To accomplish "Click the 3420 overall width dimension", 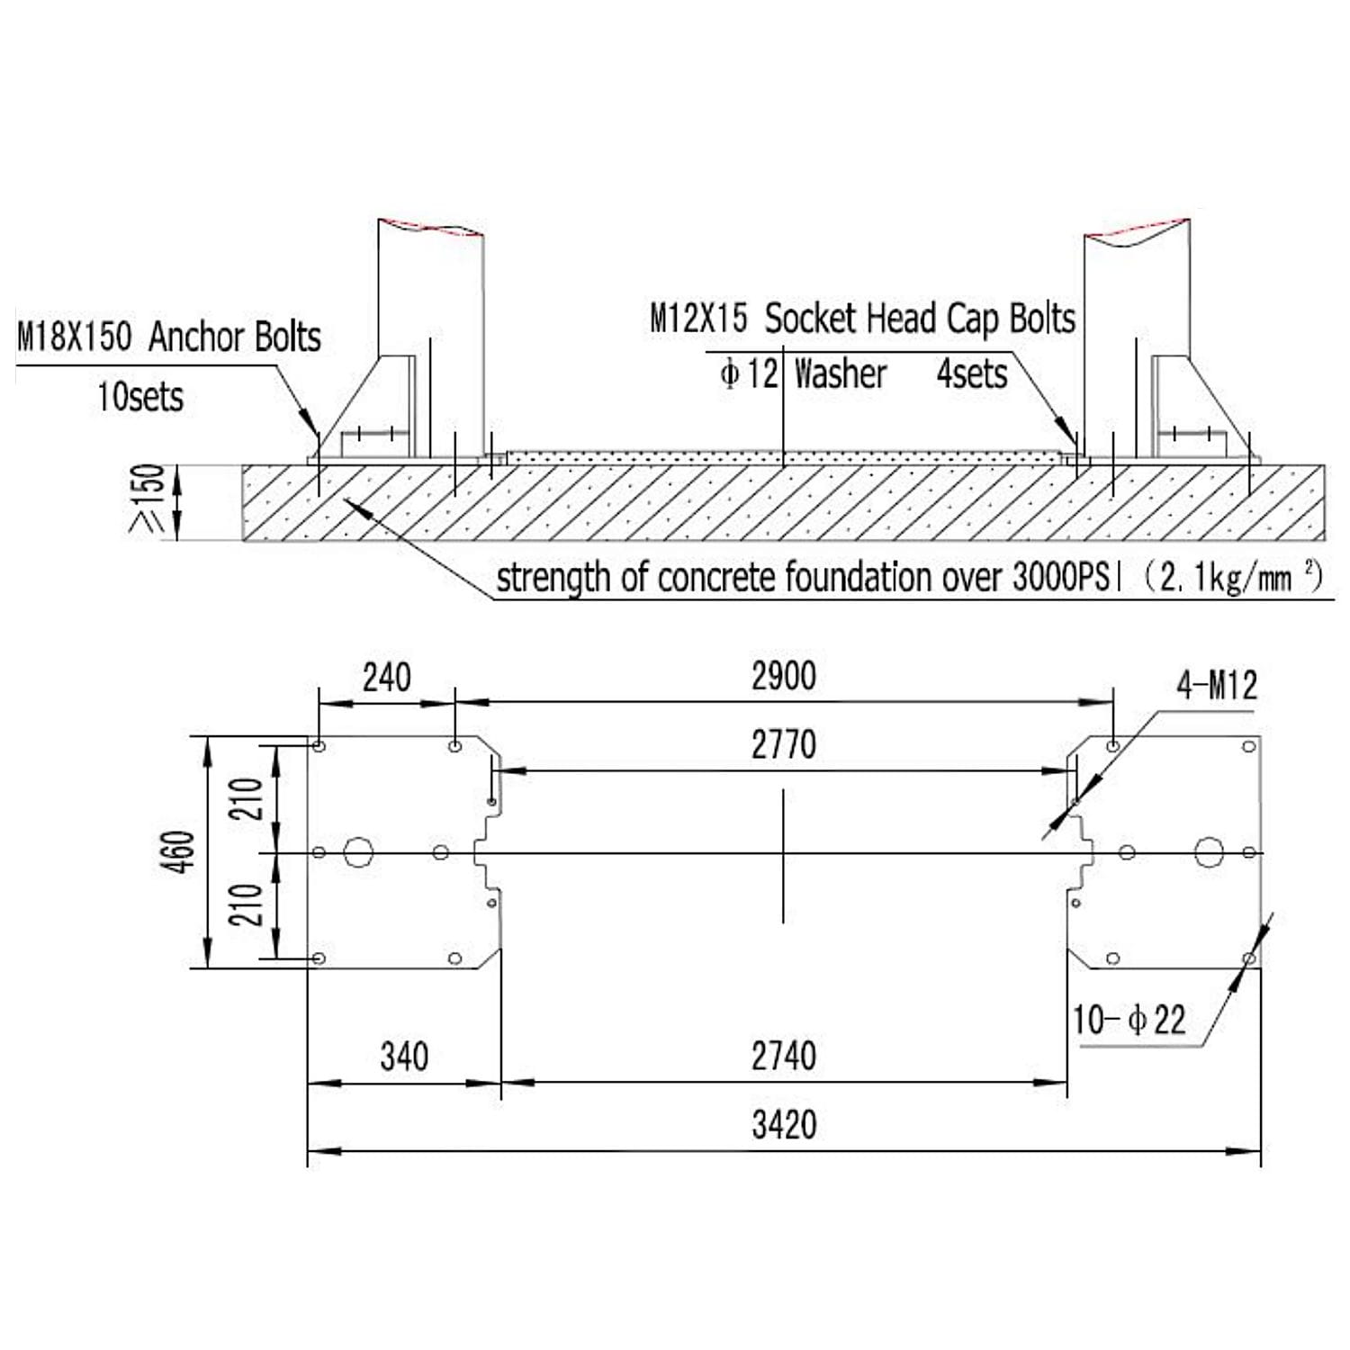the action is [x=784, y=1125].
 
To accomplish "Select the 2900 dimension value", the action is [x=784, y=676].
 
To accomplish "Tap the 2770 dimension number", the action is [x=784, y=744].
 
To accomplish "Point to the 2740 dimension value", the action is [x=784, y=1056].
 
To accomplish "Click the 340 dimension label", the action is [x=404, y=1057].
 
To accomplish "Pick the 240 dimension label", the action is [x=387, y=677].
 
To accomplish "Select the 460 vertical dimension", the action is [x=179, y=851].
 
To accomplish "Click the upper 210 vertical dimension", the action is [x=246, y=798].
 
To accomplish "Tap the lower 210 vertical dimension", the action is [x=246, y=904].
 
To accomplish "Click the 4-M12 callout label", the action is [x=1217, y=686].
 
